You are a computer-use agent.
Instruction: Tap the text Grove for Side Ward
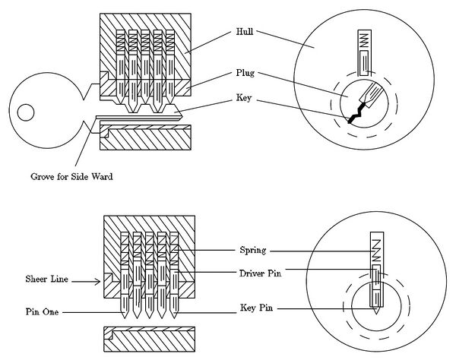61,176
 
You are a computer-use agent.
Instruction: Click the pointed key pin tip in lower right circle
377,309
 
